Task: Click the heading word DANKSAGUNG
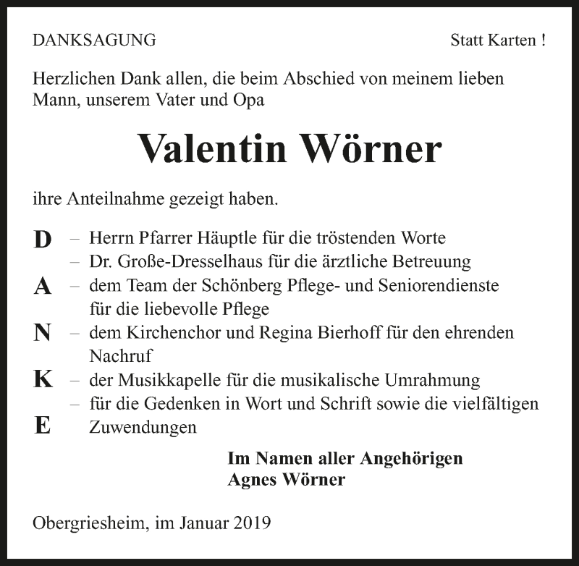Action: [94, 41]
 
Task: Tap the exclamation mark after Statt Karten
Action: [543, 41]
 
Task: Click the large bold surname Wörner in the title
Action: [371, 148]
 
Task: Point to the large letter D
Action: [43, 240]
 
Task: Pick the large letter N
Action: [43, 333]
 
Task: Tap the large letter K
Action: [43, 380]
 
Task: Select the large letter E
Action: [43, 426]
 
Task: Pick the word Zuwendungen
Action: [143, 427]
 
